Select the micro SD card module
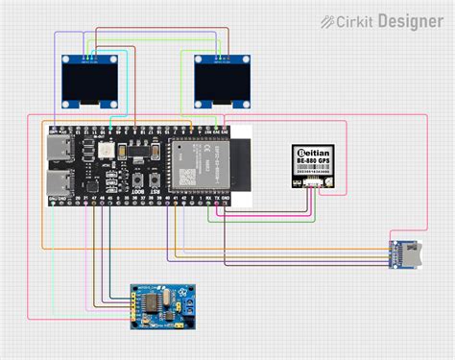coord(403,252)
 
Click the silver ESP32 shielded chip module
coord(198,164)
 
